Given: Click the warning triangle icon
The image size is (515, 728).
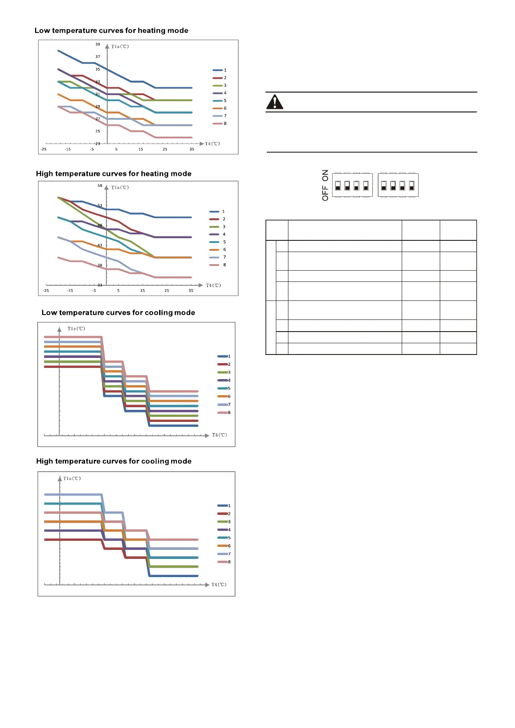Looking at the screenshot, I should tap(275, 102).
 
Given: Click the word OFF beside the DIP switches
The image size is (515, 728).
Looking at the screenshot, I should tap(325, 193).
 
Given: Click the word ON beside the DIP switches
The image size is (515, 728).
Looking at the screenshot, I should tap(325, 175).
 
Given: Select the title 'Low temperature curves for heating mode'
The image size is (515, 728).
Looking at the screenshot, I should tap(111, 31).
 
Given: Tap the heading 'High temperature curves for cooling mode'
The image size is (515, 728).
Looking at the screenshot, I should tap(114, 461).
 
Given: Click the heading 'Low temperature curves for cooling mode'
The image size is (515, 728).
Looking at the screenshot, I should tap(118, 313).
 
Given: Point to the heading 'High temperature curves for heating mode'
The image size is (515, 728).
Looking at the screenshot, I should tap(113, 174).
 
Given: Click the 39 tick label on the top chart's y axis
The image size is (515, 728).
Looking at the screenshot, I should tap(98, 45).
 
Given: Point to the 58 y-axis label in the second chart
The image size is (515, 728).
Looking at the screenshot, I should tap(100, 185).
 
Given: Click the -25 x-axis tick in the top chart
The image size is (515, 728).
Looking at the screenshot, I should tap(43, 149).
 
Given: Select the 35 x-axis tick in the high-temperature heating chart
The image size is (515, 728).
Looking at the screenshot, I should tap(191, 291).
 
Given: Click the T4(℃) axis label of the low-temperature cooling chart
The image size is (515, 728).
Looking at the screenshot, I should tap(219, 435).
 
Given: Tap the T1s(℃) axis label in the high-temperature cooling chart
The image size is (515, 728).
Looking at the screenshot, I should tap(72, 479).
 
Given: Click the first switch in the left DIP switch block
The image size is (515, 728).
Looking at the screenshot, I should tap(338, 185).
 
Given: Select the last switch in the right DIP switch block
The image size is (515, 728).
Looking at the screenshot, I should tap(411, 185).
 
